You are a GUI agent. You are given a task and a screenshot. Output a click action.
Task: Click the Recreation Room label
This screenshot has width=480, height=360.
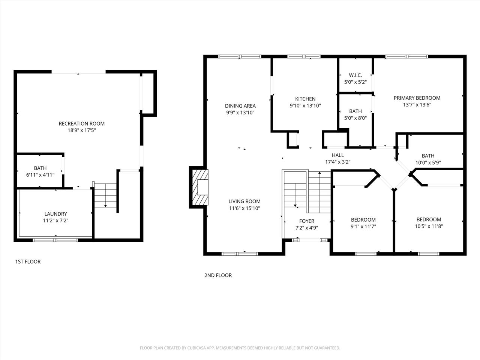(81, 124)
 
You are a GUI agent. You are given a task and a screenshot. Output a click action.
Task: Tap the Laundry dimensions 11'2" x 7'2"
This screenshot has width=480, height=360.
(55, 221)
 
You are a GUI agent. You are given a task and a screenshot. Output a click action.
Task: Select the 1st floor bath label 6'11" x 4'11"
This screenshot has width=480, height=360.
(40, 175)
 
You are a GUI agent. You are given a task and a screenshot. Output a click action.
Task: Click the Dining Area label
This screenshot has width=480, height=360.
(240, 106)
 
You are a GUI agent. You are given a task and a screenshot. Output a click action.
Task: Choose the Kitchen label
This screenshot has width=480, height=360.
(305, 99)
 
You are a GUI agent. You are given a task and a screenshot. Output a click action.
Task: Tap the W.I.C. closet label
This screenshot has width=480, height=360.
(355, 75)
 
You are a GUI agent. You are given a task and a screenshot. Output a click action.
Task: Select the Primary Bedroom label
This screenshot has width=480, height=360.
(417, 98)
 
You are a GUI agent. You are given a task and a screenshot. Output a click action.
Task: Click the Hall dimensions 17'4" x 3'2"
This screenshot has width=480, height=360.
(337, 162)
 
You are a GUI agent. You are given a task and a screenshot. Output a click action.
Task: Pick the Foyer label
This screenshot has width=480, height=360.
(306, 221)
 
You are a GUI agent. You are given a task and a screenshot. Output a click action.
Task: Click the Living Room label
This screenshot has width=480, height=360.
(244, 202)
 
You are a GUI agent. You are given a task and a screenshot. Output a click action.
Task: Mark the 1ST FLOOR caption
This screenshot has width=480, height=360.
(28, 262)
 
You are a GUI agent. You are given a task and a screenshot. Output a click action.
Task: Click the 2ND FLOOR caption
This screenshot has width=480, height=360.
(218, 276)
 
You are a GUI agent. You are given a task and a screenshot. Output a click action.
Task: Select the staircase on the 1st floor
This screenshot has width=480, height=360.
(105, 195)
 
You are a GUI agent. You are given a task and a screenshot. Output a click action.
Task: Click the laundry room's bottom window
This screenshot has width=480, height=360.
(55, 240)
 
